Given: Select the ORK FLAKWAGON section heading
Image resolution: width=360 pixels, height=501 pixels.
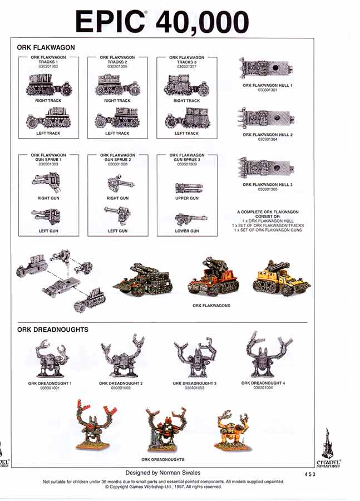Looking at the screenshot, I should pos(46,48).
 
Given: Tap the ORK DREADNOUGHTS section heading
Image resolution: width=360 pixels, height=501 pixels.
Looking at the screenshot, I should pos(53,330).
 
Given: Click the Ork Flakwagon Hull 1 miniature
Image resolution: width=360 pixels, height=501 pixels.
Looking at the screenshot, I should pos(268,70).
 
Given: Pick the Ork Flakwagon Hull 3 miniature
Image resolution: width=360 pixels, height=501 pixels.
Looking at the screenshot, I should pos(268,168).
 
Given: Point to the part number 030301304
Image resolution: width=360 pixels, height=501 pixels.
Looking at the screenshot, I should pos(268,139).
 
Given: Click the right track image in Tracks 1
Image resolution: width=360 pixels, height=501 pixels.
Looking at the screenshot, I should pos(48,86).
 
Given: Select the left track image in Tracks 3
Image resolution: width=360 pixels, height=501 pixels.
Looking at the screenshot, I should pos(186,119).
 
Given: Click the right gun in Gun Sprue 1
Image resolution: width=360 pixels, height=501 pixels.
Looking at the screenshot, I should pos(47,181).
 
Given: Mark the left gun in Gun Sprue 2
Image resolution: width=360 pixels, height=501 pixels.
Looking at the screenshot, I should pos(117,215).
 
